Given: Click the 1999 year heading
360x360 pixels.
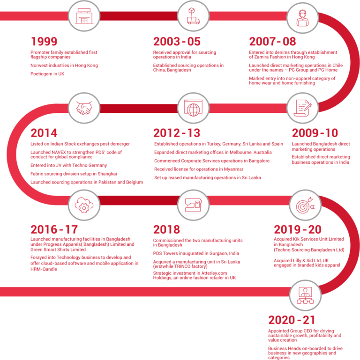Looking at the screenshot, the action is [44, 41].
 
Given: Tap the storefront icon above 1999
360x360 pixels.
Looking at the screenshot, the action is [84, 16].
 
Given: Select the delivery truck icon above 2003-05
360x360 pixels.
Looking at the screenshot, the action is [193, 16].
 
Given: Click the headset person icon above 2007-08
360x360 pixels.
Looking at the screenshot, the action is [302, 18].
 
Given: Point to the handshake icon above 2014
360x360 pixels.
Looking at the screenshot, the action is [84, 108].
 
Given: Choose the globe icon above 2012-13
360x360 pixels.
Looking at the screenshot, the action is [193, 108].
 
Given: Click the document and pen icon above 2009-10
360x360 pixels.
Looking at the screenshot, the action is [302, 108].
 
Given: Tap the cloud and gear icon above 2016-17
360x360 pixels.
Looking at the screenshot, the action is [84, 205].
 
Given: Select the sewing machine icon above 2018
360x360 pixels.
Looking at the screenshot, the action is [193, 205].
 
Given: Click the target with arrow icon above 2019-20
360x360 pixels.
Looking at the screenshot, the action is [305, 205].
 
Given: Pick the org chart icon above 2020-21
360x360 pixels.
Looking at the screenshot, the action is [305, 295].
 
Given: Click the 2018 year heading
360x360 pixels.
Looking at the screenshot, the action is [167, 229].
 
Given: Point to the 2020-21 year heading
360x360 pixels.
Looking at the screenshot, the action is [292, 320].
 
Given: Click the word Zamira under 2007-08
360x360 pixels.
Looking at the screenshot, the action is [262, 57].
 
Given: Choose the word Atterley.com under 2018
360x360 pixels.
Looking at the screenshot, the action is [214, 273].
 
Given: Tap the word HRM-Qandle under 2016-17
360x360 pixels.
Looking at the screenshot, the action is [44, 269].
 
